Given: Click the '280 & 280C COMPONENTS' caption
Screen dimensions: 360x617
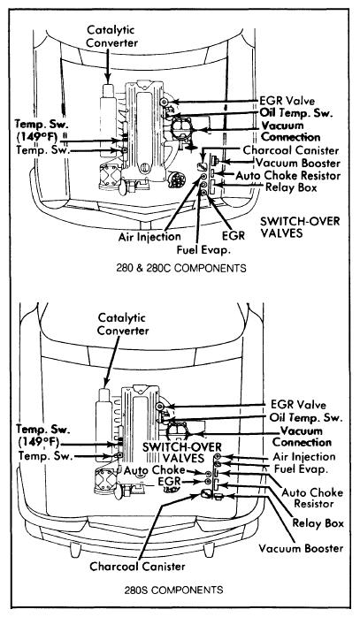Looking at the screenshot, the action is (x=181, y=268).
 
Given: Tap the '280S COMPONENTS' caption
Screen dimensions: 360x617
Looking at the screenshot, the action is (x=173, y=590).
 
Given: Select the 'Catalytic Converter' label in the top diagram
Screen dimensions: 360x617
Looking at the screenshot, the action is (x=111, y=36).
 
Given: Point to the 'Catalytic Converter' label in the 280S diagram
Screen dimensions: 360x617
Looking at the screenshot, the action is (x=123, y=324).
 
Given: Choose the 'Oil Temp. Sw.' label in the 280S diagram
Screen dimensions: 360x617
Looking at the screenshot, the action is (x=306, y=417).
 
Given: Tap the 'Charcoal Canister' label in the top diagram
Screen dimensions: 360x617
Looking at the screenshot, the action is (x=291, y=150).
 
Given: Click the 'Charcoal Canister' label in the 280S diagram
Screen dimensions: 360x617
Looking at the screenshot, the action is (x=137, y=567).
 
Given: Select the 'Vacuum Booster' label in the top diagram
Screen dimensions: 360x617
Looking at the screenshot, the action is (x=297, y=163).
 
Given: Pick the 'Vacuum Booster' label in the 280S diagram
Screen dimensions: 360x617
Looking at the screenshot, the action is (x=301, y=548).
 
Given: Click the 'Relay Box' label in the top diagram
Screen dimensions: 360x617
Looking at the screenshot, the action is (x=291, y=187).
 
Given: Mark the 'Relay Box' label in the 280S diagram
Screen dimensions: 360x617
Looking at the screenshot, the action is (x=318, y=523).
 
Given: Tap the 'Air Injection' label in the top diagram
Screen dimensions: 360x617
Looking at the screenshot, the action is (x=149, y=237).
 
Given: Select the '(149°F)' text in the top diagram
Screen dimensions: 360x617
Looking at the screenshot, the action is (x=36, y=137).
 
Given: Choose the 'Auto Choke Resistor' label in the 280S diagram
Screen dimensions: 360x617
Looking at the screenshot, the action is (x=313, y=498).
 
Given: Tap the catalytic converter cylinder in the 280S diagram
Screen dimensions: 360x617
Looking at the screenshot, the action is (x=104, y=424).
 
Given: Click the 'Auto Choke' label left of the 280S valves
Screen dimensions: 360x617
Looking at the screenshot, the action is (x=155, y=470).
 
